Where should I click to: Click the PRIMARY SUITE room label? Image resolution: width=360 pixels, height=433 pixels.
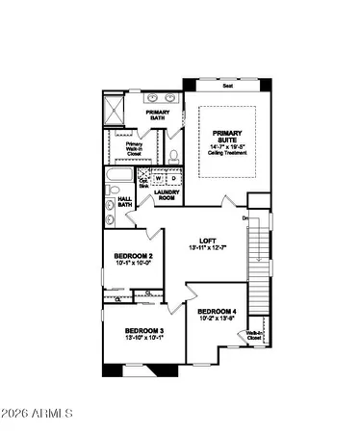pos(228,140)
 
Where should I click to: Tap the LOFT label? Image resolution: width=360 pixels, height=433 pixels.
pos(206,241)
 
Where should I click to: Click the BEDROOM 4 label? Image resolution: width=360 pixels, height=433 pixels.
pos(217,312)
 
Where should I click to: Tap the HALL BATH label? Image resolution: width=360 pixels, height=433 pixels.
pos(126,203)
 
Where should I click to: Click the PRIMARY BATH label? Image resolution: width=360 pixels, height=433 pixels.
pos(157,115)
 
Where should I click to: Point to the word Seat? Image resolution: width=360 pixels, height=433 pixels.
pos(228,86)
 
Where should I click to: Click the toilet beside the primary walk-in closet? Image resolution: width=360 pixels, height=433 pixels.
pos(173,154)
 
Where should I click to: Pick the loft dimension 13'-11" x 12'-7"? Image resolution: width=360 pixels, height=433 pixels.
pos(206,249)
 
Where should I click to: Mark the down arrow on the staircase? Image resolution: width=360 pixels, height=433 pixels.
pos(246,220)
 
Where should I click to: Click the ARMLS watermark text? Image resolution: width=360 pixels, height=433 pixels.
pos(39,413)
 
